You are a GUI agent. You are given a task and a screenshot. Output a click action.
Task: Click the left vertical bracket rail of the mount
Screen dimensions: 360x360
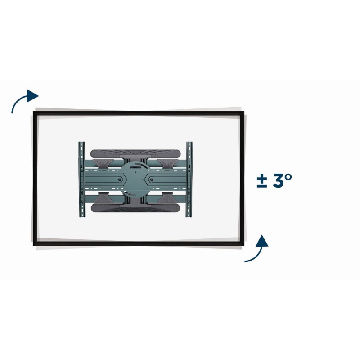pos(82,179)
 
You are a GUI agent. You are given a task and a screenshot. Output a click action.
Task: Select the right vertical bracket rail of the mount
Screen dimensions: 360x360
pos(189,179)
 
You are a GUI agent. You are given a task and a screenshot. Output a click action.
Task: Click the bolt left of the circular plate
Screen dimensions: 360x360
pos(119,179)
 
